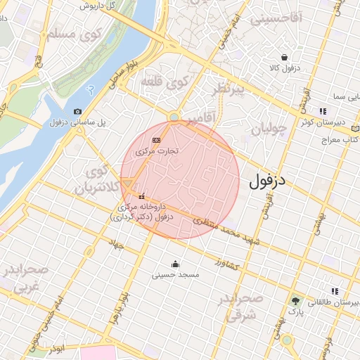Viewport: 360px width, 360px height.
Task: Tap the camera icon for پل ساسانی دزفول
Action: (x=77, y=111)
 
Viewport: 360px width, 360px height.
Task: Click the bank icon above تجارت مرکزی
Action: (x=156, y=140)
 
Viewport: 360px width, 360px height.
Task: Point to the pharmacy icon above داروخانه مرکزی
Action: (x=143, y=196)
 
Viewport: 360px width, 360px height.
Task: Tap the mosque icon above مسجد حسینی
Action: (x=175, y=265)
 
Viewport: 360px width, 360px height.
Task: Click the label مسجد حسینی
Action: (x=176, y=275)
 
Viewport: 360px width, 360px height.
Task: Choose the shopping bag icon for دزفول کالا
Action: (x=284, y=58)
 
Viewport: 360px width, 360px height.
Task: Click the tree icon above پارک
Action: (x=295, y=300)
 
